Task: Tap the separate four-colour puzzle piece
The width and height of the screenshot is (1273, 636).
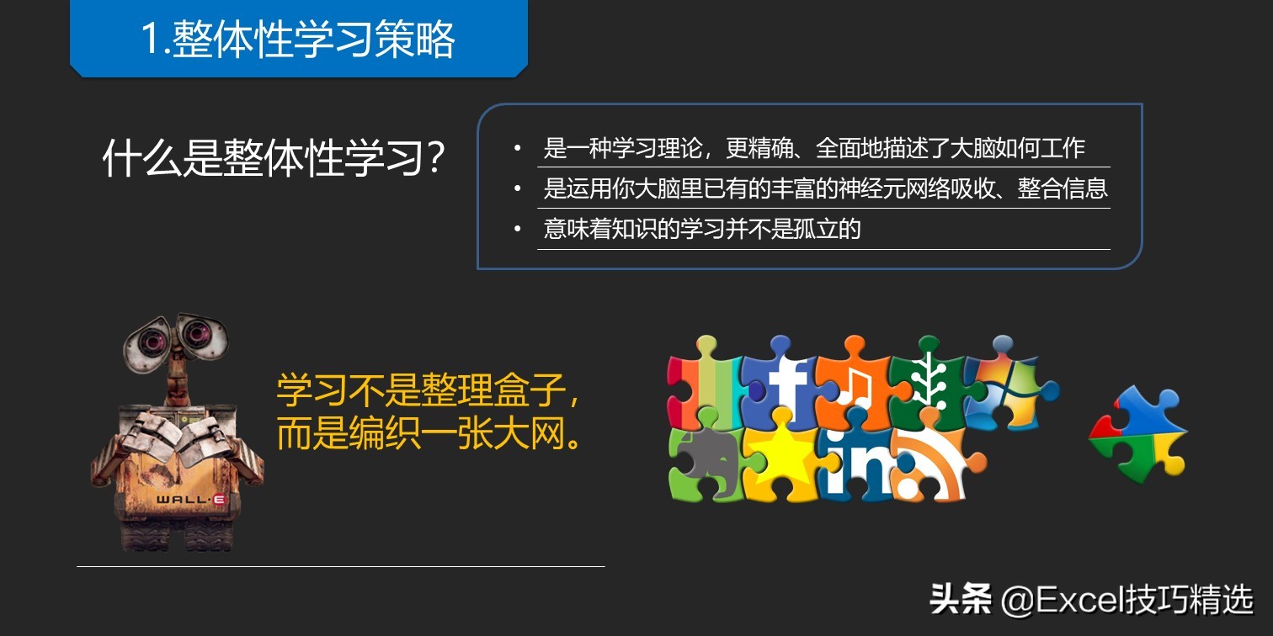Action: (x=1138, y=435)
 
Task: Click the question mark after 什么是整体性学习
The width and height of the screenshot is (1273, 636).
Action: (x=435, y=157)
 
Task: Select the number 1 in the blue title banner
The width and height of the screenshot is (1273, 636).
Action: (x=150, y=40)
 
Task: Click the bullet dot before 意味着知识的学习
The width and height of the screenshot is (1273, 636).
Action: (x=517, y=229)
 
